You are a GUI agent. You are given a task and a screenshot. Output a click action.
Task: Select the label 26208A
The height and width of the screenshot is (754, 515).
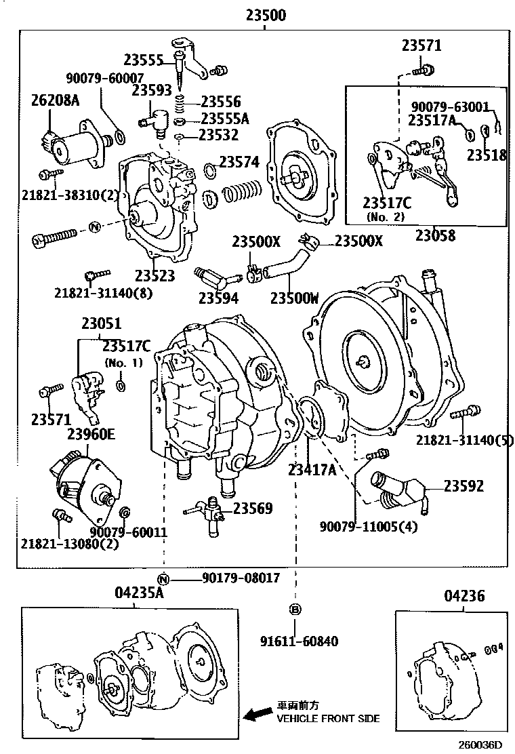[x=55, y=100]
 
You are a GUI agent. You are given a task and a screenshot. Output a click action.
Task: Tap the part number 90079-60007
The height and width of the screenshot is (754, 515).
[x=104, y=79]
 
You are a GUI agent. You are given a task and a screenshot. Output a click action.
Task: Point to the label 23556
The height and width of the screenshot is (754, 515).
[x=221, y=102]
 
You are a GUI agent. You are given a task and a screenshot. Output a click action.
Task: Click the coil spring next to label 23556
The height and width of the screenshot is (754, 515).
[x=180, y=103]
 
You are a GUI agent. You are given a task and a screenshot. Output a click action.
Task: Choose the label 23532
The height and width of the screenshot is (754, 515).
[x=218, y=135]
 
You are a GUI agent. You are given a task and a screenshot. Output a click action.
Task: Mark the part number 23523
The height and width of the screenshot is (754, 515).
[x=154, y=275]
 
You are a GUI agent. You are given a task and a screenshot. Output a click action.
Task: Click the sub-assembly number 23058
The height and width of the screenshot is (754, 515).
[x=435, y=236]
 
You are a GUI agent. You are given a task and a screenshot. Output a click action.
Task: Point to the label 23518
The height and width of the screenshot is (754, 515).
[x=486, y=155]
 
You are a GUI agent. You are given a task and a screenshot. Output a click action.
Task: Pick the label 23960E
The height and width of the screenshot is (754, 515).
[x=90, y=434]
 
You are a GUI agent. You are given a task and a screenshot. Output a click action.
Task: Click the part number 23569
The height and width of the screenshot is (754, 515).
[x=253, y=508]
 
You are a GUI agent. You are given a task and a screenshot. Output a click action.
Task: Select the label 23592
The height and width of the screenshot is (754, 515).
[x=464, y=485]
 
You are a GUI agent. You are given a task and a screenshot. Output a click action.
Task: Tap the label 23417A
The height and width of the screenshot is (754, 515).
[x=312, y=469]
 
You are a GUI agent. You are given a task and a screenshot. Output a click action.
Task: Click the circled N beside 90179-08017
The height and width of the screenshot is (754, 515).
[x=163, y=578]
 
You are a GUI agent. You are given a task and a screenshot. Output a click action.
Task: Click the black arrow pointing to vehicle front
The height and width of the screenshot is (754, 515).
[x=257, y=715]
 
